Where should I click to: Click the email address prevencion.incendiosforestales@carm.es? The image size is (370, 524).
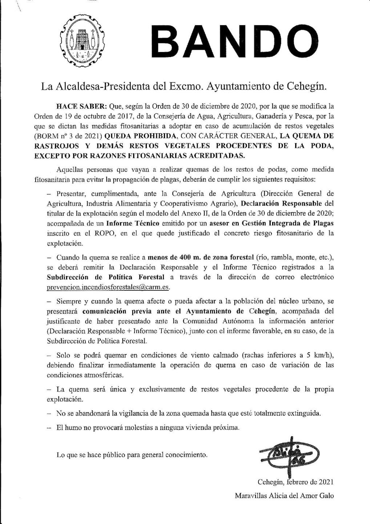(108, 287)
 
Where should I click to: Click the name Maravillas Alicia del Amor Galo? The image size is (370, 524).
(284, 496)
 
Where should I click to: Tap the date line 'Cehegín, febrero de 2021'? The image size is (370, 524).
(295, 482)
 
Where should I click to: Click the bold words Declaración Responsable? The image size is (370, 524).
(282, 203)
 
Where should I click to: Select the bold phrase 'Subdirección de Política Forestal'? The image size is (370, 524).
(106, 277)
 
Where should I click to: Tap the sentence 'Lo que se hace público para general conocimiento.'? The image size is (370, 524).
(132, 455)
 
